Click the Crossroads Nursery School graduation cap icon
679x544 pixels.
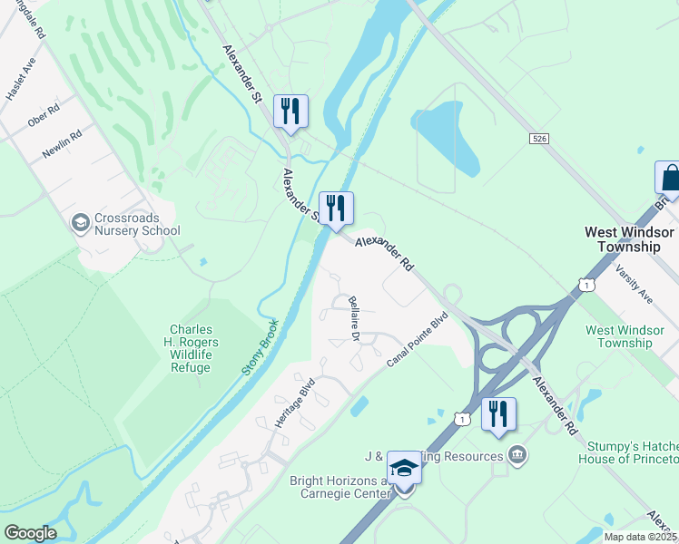(80, 221)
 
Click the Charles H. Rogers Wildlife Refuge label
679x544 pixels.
(191, 348)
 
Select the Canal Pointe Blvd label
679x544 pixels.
(418, 340)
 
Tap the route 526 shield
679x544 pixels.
(540, 138)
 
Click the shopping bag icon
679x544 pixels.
(669, 177)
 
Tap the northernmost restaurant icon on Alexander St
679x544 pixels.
(290, 111)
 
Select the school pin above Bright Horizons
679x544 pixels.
(404, 468)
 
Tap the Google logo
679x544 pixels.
(30, 533)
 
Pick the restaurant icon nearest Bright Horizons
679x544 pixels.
(498, 413)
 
